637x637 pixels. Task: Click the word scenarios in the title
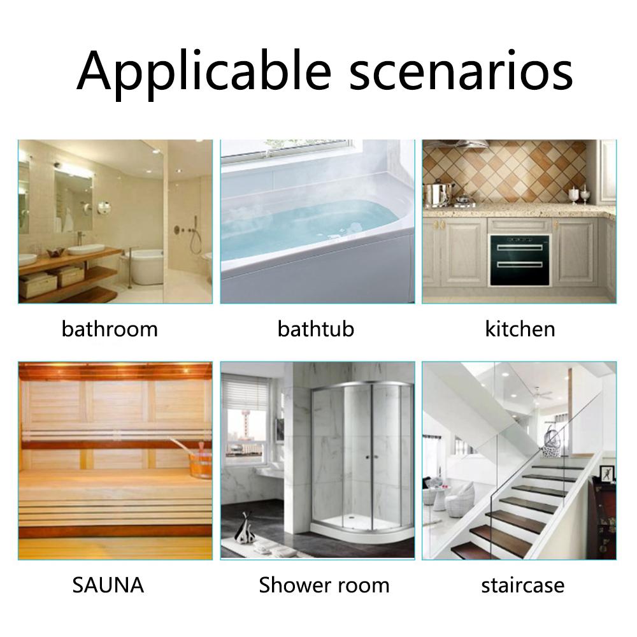(x=461, y=71)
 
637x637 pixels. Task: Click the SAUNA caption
(x=108, y=585)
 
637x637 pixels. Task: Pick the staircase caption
(x=523, y=585)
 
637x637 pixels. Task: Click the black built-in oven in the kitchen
(x=520, y=260)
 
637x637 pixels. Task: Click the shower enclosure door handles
(x=372, y=457)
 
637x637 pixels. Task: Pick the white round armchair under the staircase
(x=460, y=498)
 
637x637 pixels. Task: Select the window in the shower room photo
(x=247, y=431)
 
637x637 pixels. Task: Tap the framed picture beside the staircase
(x=607, y=473)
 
